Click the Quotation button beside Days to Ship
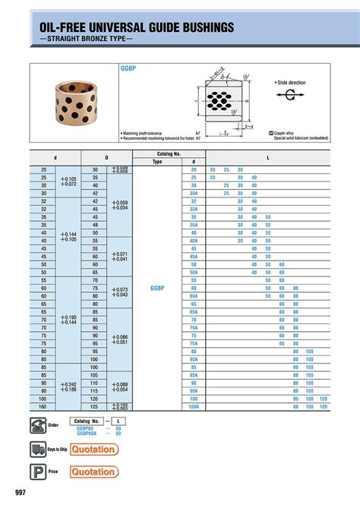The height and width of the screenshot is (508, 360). coord(95,450)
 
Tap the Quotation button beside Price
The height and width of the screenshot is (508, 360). coord(95,472)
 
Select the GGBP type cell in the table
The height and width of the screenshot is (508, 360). coord(157,289)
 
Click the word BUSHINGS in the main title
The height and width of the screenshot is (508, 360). coord(192,27)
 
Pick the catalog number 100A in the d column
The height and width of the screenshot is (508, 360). coord(194,406)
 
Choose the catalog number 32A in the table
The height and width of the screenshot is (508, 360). coord(194,209)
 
